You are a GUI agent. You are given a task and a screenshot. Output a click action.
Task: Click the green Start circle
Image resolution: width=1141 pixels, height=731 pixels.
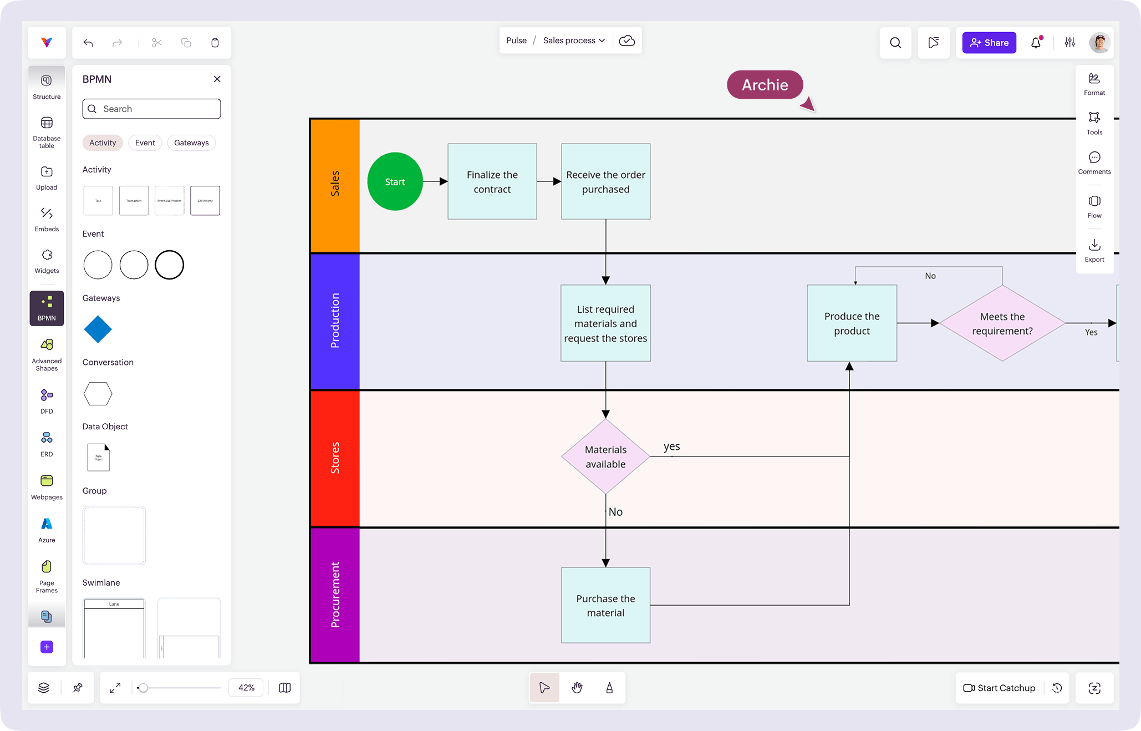coord(395,181)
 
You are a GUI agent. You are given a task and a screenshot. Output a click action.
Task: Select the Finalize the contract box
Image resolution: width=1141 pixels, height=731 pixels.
coord(492,181)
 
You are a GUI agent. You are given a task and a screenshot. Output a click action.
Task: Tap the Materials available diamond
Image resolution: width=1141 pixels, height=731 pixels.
coord(605,456)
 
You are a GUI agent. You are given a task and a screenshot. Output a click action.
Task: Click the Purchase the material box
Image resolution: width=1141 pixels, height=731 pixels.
coord(605,605)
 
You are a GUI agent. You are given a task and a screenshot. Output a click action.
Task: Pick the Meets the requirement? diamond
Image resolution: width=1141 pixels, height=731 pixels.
coord(1002,323)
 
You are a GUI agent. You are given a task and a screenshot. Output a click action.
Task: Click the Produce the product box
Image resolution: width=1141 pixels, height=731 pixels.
coord(852,323)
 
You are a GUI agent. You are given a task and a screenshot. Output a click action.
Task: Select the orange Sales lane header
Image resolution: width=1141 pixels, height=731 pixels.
coord(335,185)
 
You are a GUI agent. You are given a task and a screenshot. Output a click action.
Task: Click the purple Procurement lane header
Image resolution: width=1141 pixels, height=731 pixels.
coord(335,595)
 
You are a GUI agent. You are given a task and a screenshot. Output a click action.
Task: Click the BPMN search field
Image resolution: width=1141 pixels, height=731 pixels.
coord(152,109)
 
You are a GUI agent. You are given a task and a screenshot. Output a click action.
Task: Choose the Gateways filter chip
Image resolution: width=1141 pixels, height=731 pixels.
coord(191,143)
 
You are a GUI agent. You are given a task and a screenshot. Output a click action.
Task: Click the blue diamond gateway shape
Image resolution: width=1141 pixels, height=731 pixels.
coord(98,329)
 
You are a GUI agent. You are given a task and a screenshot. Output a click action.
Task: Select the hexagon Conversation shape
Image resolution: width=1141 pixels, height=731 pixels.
coord(98,394)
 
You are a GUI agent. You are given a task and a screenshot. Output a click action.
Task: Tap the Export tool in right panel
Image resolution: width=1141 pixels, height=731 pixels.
coord(1094,250)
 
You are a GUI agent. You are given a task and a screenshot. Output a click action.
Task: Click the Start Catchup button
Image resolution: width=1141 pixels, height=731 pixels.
coord(999,688)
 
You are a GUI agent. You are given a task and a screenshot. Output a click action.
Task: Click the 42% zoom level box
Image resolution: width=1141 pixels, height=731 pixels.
coord(246,688)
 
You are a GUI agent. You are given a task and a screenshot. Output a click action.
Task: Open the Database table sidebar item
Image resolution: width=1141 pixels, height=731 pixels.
coord(47,132)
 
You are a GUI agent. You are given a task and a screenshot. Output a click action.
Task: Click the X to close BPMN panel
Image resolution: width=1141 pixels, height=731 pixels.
coord(217,79)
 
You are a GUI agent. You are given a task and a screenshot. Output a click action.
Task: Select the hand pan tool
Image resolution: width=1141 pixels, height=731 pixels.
coord(577,688)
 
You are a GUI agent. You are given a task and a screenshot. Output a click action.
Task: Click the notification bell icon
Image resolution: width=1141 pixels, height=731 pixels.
coord(1036,43)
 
